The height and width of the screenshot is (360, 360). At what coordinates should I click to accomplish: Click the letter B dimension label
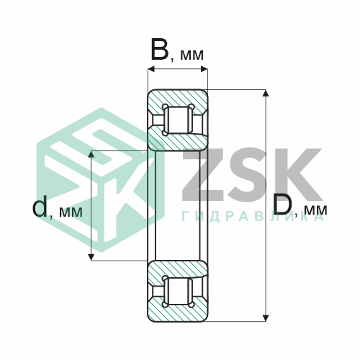tap(160, 50)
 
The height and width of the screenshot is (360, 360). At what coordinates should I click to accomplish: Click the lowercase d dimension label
tap(40, 206)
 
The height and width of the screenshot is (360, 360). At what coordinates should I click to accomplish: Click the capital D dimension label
tap(282, 204)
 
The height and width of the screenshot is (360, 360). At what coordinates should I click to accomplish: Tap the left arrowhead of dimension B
tap(151, 70)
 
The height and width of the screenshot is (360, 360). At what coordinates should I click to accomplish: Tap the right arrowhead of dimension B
tap(204, 70)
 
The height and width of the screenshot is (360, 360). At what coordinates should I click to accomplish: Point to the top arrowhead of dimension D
tap(265, 93)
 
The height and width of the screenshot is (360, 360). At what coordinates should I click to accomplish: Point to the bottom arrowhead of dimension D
tap(265, 318)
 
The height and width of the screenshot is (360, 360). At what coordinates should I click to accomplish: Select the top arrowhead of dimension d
tap(91, 154)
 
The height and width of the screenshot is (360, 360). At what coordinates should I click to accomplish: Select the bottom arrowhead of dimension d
tap(91, 257)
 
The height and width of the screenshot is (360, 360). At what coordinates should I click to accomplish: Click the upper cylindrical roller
tap(178, 120)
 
